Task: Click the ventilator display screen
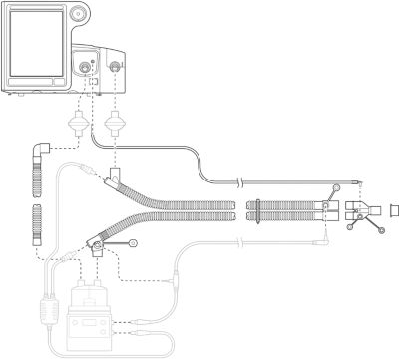click(x=41, y=48)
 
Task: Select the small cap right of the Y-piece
click(x=392, y=210)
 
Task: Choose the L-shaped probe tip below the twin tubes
click(x=325, y=240)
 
